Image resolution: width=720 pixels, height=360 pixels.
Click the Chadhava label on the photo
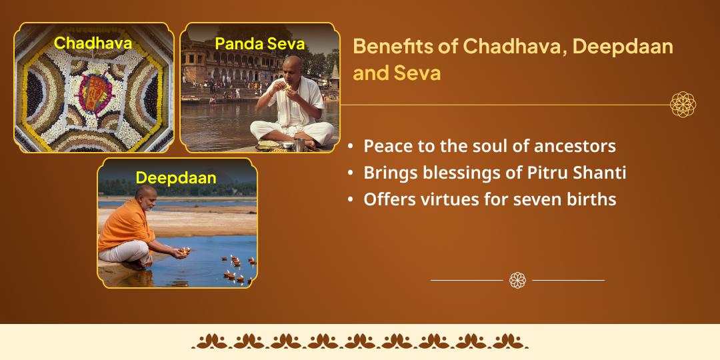[93, 43]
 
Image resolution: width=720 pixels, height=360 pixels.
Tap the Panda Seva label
[259, 44]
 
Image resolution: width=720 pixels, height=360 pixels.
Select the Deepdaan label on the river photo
[176, 178]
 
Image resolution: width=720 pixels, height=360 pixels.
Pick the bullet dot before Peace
[351, 146]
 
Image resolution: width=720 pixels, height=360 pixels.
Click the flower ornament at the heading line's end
[683, 105]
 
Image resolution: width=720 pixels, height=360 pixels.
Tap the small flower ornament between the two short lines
[517, 280]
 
